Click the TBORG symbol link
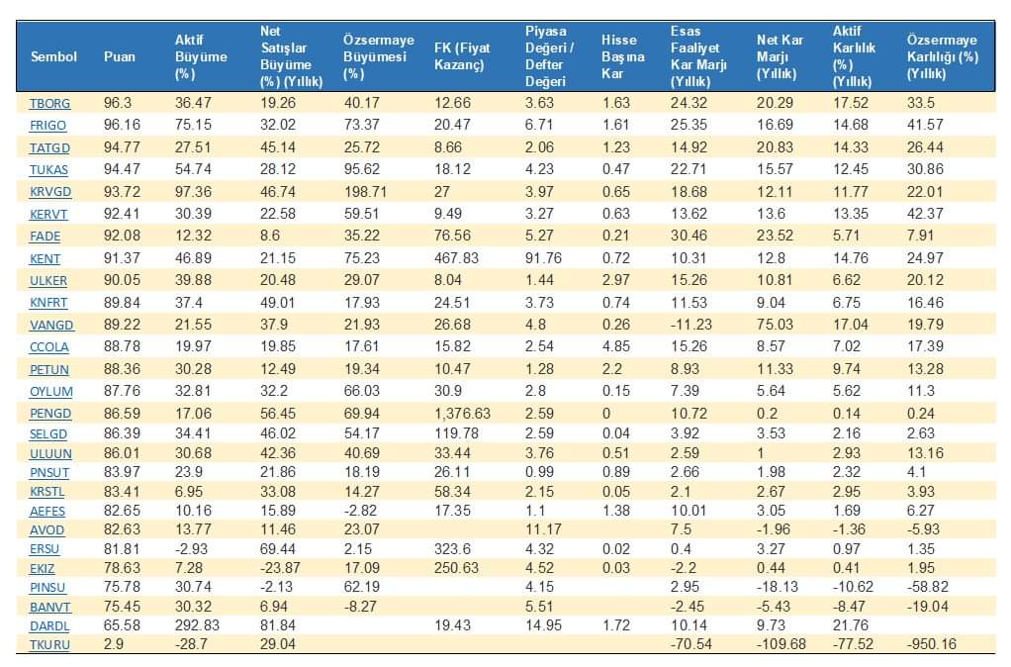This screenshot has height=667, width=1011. (x=48, y=102)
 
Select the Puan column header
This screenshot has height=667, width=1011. (x=120, y=56)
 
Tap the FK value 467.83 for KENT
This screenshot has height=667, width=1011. (x=457, y=258)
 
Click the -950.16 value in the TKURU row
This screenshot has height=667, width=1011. (x=931, y=644)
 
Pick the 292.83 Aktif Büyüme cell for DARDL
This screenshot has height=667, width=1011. (x=195, y=626)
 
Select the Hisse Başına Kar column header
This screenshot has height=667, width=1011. (x=622, y=56)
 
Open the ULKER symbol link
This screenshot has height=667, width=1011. (x=49, y=280)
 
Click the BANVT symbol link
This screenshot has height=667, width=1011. (x=50, y=607)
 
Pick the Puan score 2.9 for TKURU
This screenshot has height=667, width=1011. (x=113, y=644)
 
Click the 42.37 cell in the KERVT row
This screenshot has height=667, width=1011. (x=925, y=214)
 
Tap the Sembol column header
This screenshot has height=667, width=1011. (x=53, y=56)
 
